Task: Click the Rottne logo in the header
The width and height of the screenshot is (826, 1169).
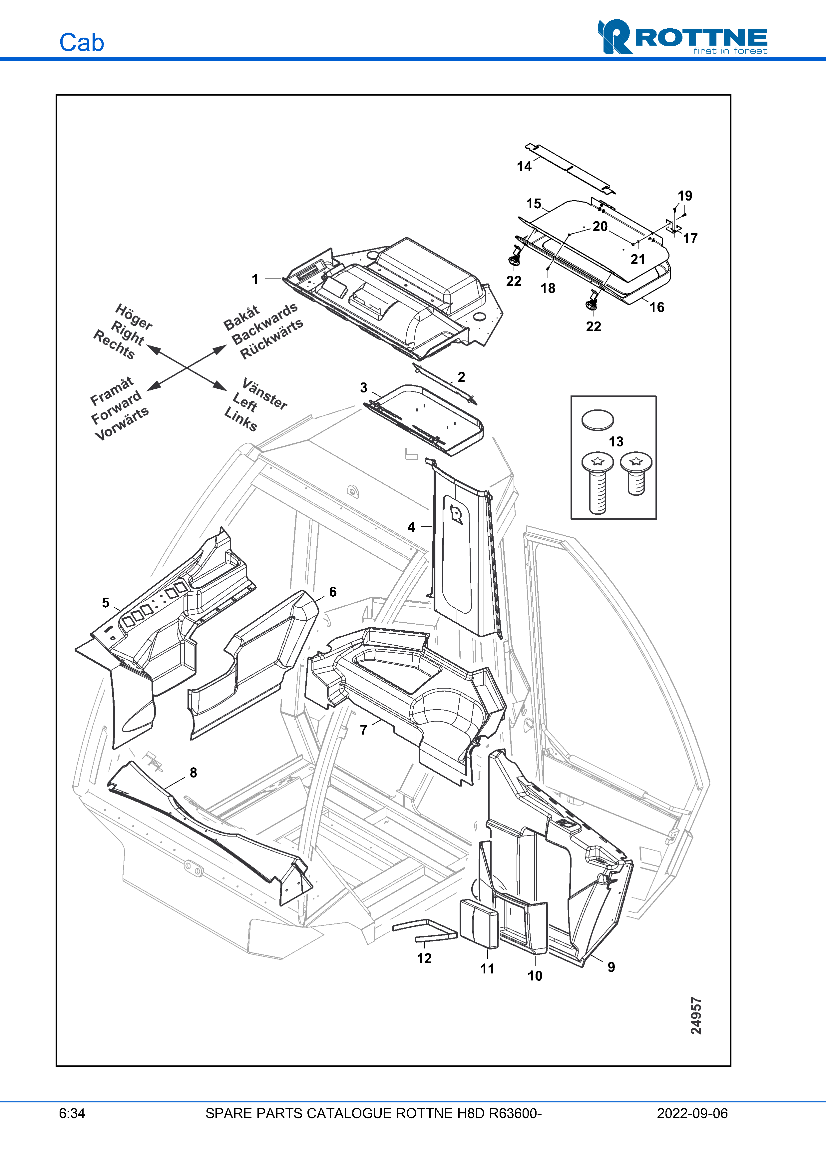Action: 682,37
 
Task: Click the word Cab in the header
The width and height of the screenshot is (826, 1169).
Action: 81,43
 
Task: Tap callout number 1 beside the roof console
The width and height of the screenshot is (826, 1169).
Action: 255,279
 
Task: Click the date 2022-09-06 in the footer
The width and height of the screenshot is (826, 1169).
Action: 692,1113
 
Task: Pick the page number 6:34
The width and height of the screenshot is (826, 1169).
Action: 72,1113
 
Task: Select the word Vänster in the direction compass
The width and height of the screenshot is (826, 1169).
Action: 265,393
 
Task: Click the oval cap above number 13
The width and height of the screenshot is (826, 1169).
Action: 598,420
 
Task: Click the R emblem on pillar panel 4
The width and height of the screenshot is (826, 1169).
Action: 457,515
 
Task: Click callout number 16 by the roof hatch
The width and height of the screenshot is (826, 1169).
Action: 656,307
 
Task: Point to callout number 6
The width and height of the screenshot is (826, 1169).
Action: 333,592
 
